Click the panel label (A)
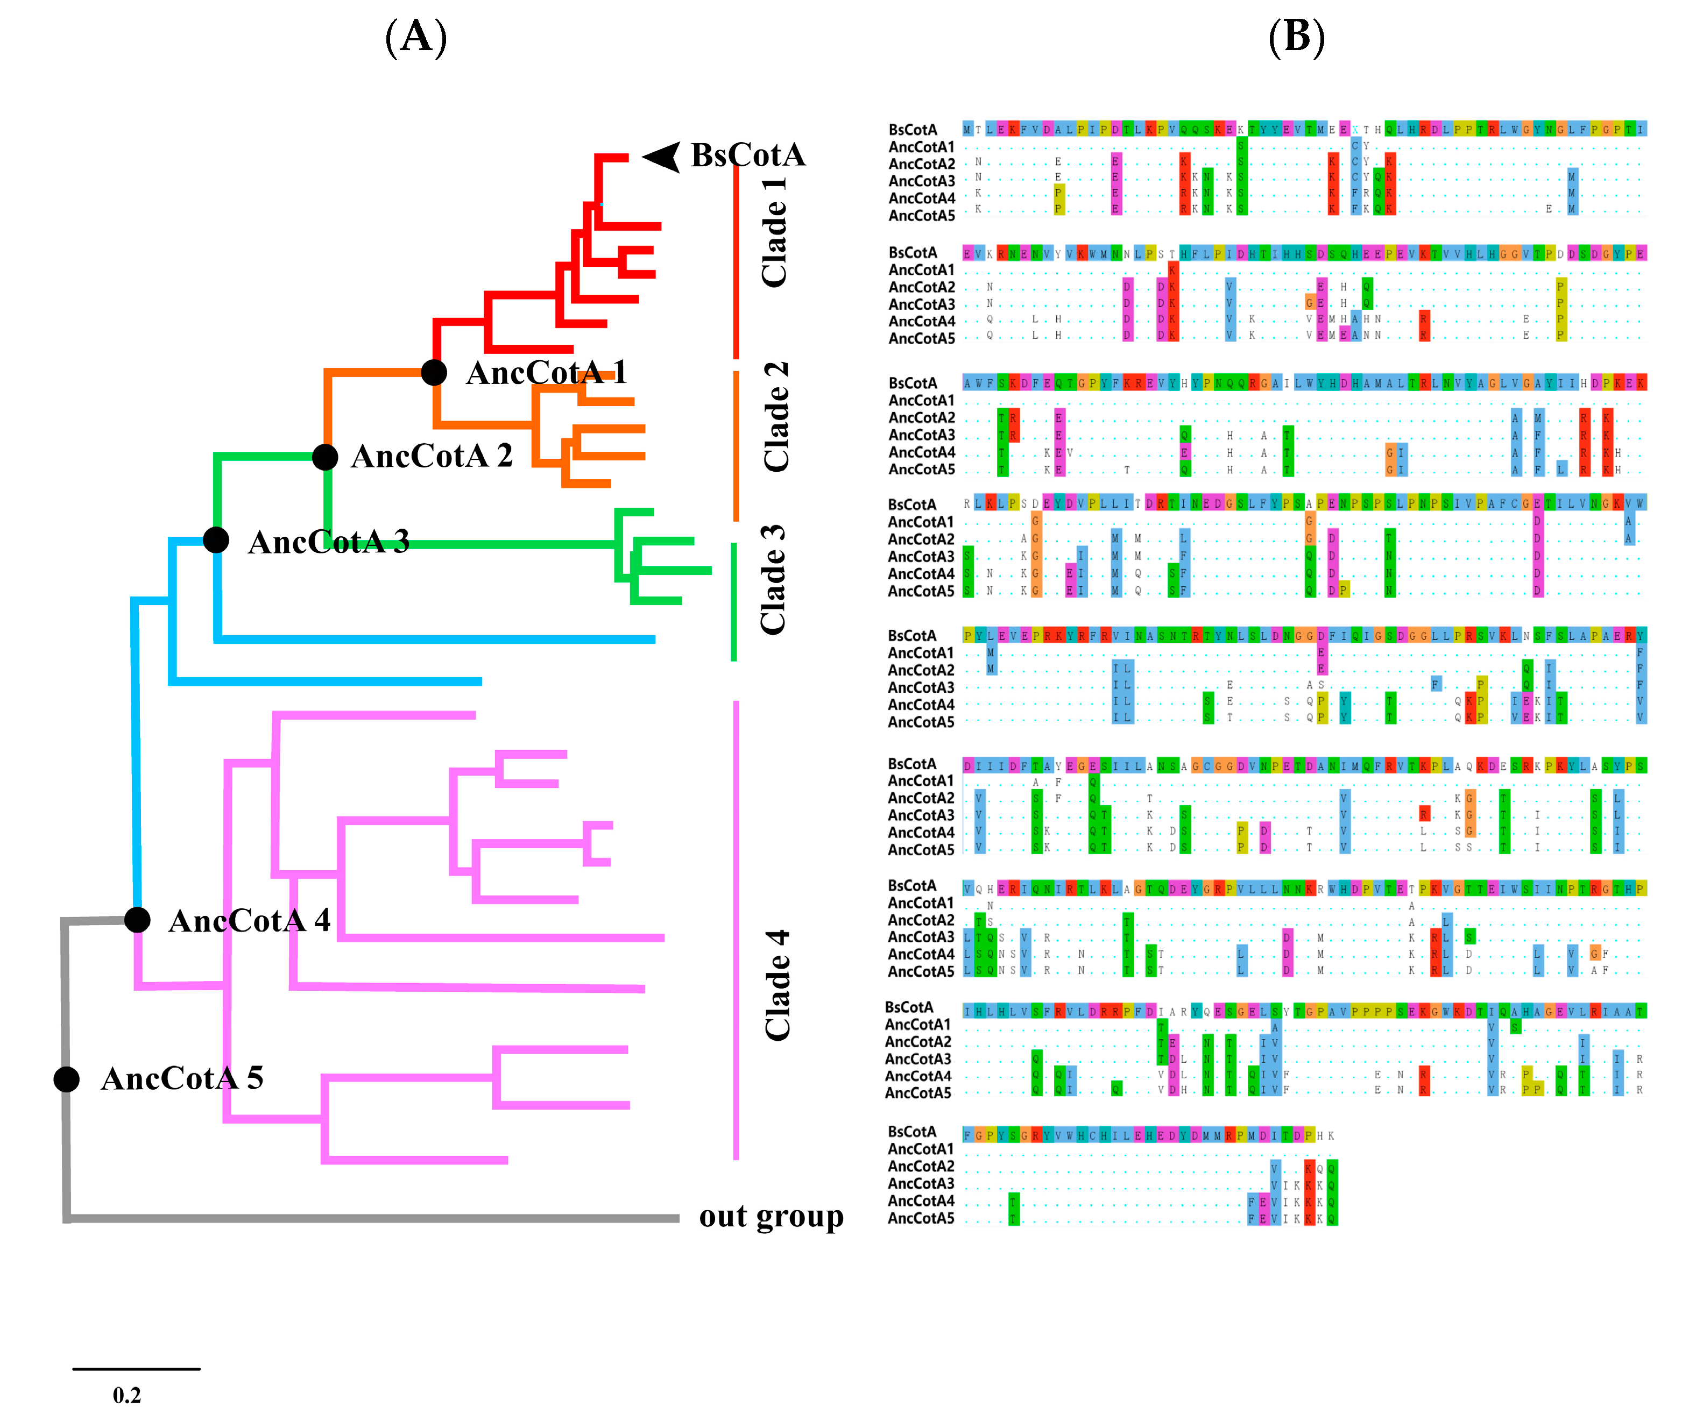[x=416, y=37]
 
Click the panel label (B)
[x=1296, y=37]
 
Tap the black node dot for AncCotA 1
[x=434, y=372]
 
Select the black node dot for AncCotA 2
[x=324, y=457]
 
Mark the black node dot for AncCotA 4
[x=138, y=920]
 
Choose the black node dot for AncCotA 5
[x=66, y=1078]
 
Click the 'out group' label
[x=771, y=1216]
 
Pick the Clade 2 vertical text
[x=776, y=417]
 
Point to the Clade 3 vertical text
[x=773, y=580]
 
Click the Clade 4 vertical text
[x=776, y=985]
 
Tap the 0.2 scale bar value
[x=127, y=1395]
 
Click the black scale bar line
[x=136, y=1369]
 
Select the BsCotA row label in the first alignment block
[x=913, y=130]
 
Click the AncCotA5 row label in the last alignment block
[x=921, y=1218]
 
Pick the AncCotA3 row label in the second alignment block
[x=921, y=304]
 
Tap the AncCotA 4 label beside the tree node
[x=249, y=920]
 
